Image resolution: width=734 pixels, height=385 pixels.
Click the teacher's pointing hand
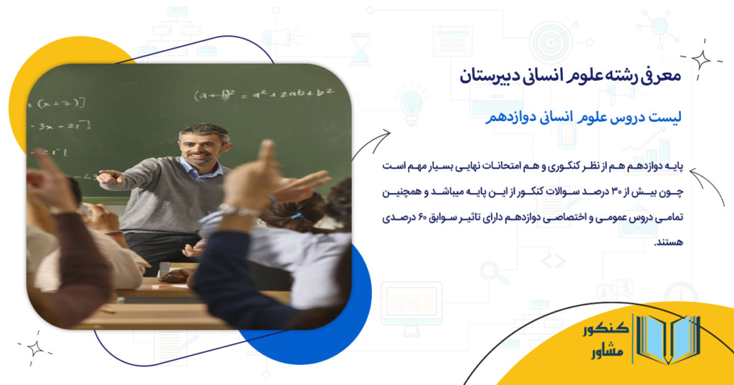[x=107, y=176]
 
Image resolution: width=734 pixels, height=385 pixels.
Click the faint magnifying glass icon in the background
[x=493, y=273]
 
